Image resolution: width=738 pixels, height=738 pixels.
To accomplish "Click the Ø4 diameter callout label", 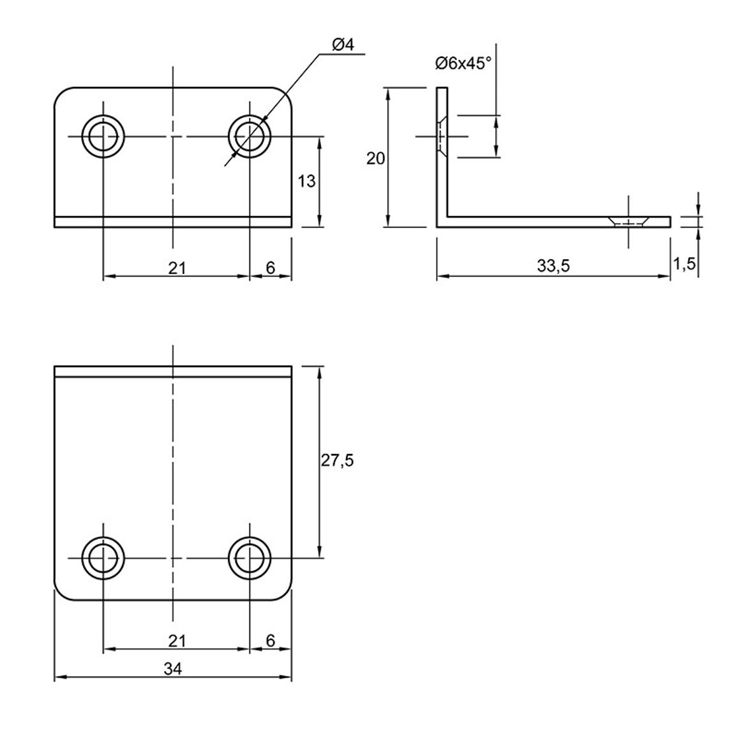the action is pos(343,45).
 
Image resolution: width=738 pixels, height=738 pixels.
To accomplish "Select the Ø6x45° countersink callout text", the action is pos(463,63).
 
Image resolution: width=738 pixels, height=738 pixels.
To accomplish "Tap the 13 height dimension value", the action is pos(306,181).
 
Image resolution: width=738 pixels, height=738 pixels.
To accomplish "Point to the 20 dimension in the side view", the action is pos(375,158).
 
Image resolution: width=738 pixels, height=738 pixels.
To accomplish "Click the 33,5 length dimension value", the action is pos(553,266).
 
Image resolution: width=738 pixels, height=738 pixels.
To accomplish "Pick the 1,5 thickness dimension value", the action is pos(684,264).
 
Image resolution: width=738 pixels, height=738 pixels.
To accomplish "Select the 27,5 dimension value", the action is pos(337,460).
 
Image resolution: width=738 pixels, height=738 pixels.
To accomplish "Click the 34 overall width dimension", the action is pos(173,668).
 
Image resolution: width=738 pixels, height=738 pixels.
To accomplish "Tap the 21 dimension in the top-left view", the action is pos(177,268).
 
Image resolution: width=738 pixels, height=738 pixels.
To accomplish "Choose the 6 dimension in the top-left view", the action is pos(270,267).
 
